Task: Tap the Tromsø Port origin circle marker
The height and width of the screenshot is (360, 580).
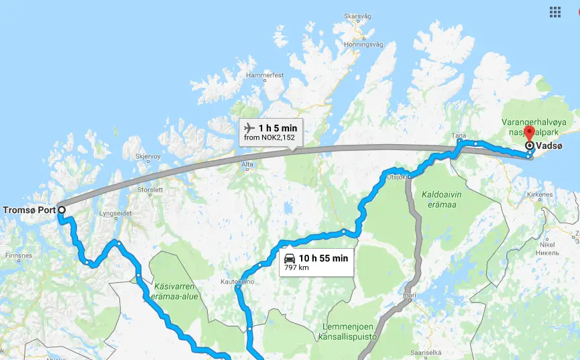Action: [x=61, y=209]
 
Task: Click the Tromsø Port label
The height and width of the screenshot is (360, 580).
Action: [x=28, y=209]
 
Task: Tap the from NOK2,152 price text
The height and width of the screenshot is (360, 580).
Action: [x=270, y=138]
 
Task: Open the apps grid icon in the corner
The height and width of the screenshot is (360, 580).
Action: [x=555, y=11]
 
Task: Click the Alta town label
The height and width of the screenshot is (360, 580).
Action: [x=247, y=164]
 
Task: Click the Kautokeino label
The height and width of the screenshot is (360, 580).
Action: [x=235, y=282]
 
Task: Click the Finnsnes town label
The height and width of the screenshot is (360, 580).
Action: [x=18, y=256]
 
